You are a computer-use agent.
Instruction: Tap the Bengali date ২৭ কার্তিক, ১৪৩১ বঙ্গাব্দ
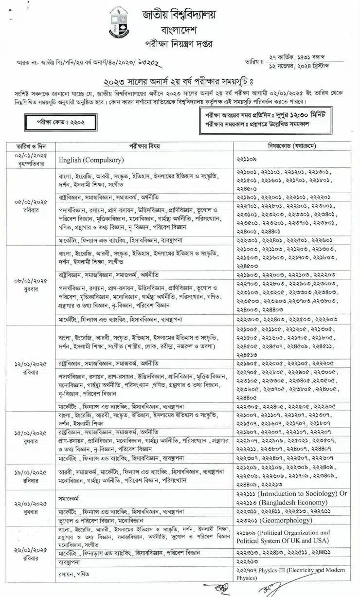301,57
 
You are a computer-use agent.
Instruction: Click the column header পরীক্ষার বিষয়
144,145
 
